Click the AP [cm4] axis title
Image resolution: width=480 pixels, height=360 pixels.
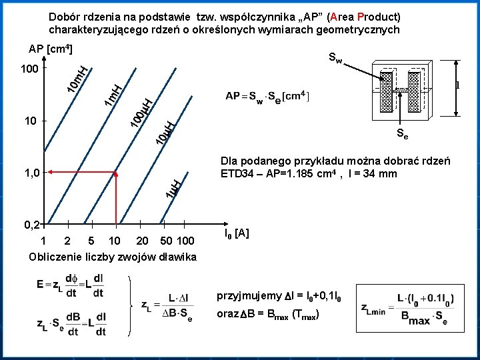(51, 50)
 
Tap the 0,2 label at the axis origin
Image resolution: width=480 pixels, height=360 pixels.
(30, 224)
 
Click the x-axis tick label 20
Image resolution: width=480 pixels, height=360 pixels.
(142, 241)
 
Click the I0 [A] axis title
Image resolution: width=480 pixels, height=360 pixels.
(237, 233)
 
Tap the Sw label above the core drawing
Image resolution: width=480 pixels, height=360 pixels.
(335, 59)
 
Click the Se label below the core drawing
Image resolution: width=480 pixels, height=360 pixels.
(402, 134)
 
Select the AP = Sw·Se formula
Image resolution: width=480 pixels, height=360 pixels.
(267, 95)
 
